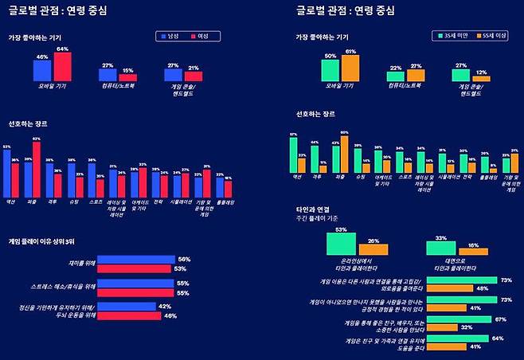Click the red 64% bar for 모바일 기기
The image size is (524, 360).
[x=62, y=68]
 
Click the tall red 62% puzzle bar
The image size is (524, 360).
[x=36, y=170]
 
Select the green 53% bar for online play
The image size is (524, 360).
[x=342, y=244]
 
